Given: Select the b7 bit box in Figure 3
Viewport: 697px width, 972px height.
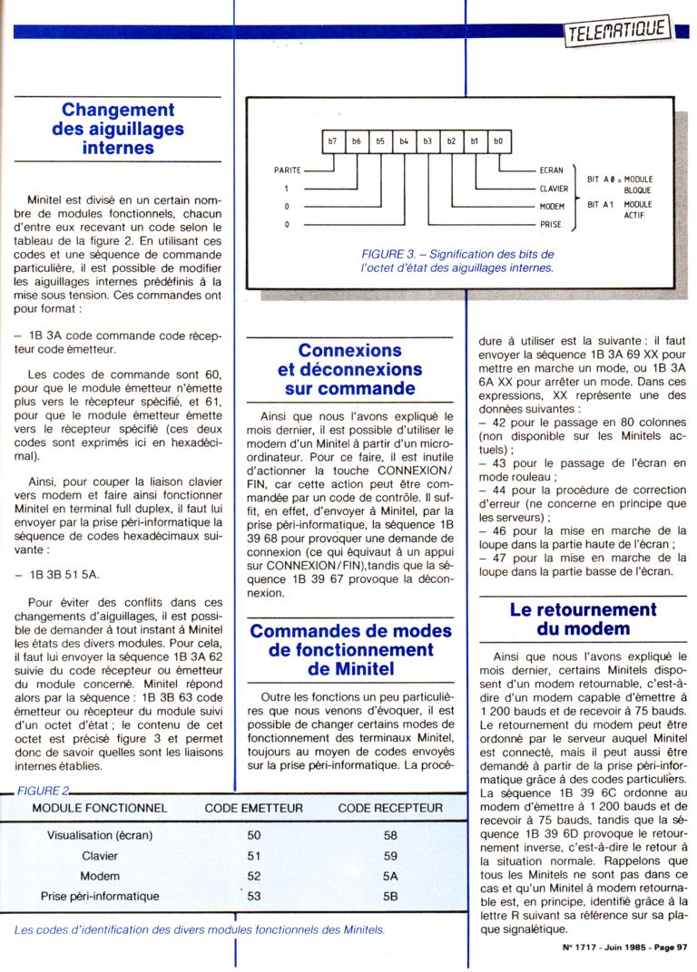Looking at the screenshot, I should (333, 141).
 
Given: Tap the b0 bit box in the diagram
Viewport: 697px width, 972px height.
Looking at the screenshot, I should (498, 141).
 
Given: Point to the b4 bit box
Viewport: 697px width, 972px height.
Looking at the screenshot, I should (404, 141).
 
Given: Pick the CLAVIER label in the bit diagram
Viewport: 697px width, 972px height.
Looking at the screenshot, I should (554, 189).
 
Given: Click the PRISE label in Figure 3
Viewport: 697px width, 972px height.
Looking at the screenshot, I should (551, 223).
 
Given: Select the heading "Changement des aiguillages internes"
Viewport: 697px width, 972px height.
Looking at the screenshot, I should (118, 129).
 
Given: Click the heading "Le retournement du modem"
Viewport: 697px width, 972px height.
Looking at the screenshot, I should (583, 619).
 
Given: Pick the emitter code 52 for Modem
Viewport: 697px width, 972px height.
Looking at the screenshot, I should (253, 876).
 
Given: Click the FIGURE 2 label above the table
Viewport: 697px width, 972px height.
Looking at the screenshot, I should (41, 791).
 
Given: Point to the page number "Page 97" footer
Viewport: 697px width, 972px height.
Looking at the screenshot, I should (672, 948).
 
